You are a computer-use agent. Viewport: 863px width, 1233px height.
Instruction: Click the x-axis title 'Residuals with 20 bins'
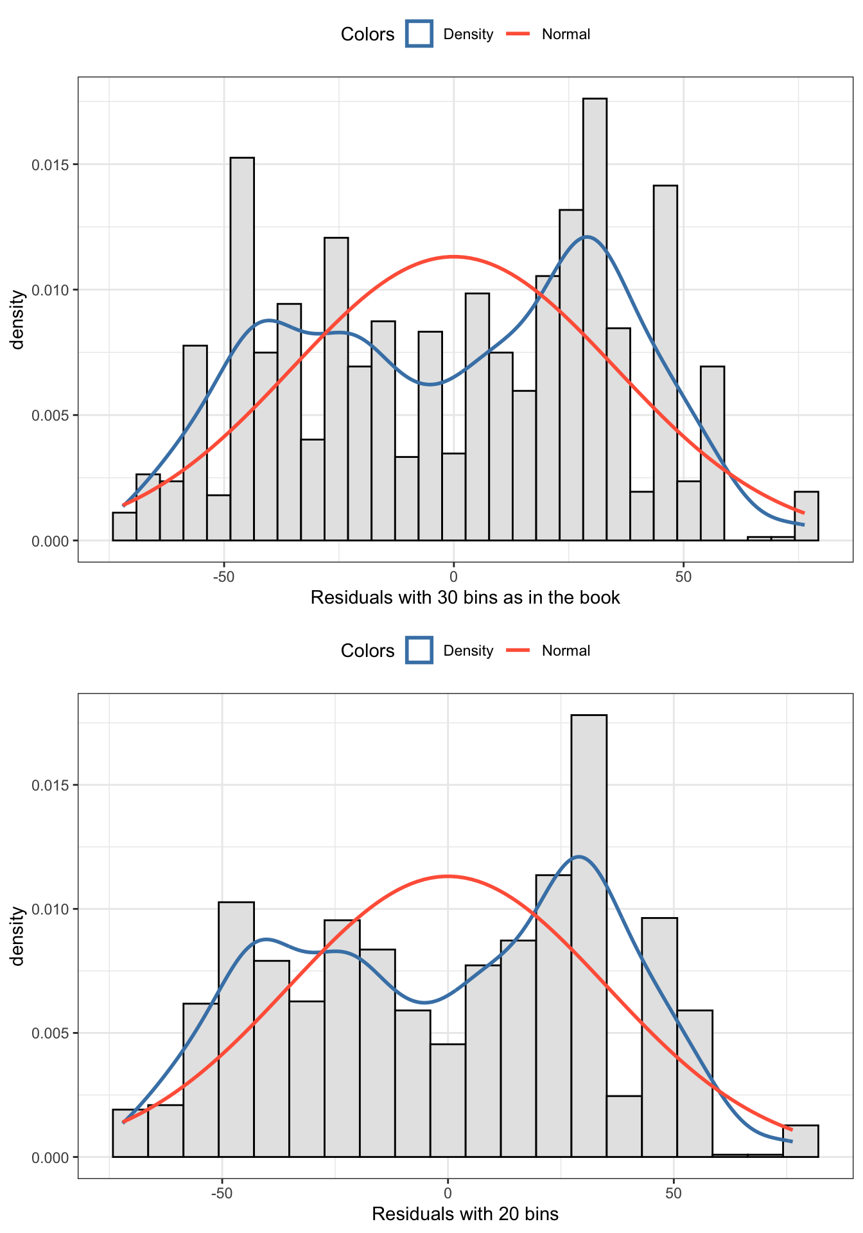(465, 1214)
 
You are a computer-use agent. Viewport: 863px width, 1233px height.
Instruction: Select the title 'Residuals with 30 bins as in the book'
(465, 598)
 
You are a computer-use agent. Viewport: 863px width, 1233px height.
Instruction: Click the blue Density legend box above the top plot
(419, 34)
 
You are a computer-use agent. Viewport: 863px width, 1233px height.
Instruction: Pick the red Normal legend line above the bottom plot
(519, 651)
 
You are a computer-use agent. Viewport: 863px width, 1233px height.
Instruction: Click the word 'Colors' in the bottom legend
(367, 651)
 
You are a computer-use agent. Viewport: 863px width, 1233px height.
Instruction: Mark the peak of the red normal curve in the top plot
(453, 257)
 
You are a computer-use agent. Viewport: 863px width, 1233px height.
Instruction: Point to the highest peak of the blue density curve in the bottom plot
(579, 857)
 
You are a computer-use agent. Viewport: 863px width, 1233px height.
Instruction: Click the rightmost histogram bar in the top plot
(806, 516)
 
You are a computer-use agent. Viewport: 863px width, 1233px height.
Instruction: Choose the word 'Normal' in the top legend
(566, 35)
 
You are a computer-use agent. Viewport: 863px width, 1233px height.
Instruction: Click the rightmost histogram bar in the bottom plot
(800, 1141)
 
